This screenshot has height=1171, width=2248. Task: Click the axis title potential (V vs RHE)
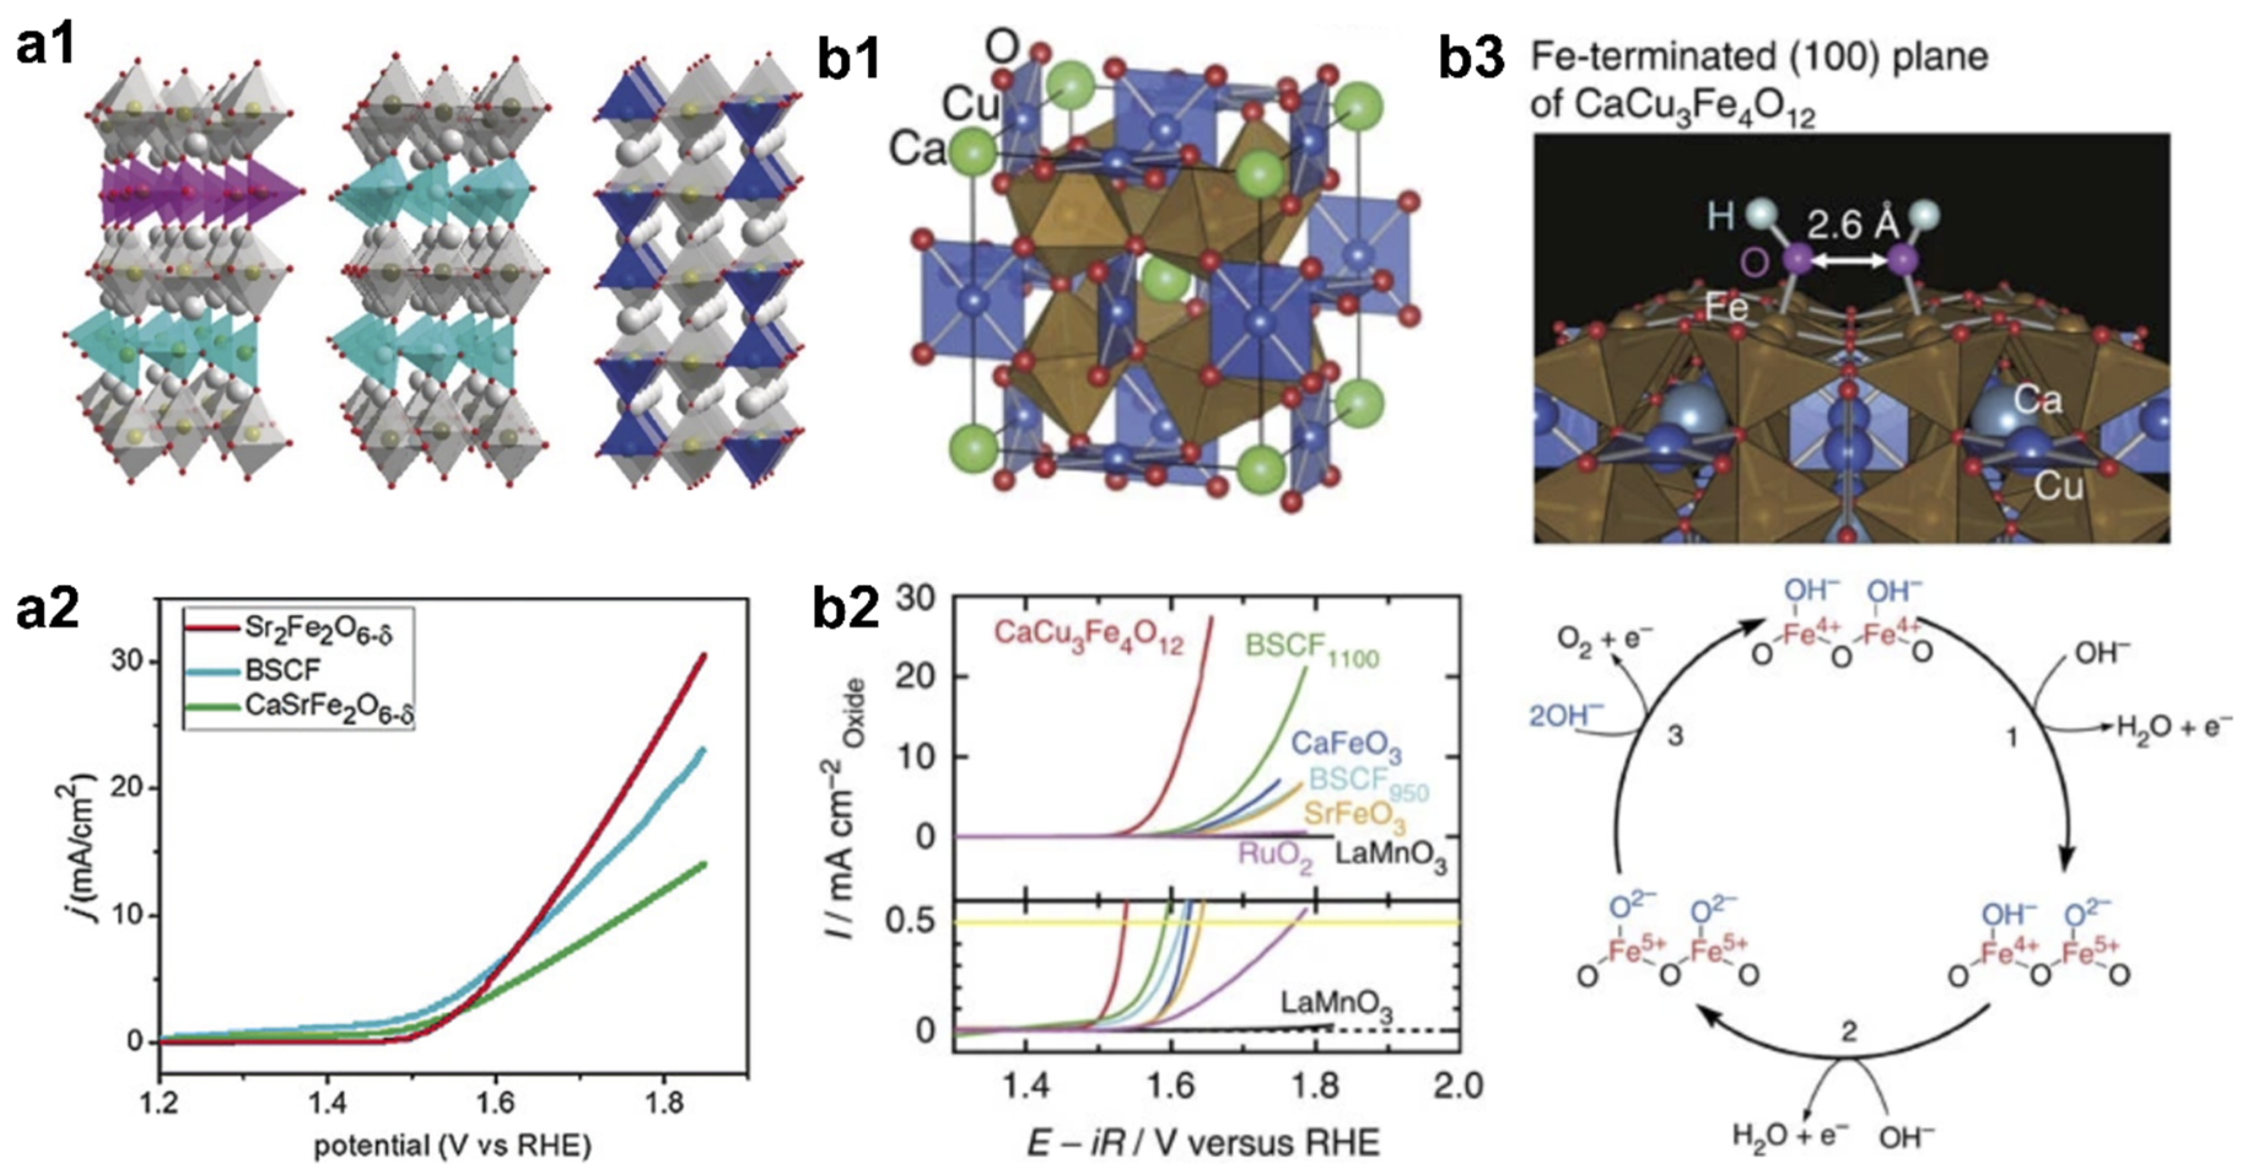pyautogui.click(x=452, y=1145)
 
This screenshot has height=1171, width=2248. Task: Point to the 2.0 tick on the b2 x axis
pyautogui.click(x=1459, y=1086)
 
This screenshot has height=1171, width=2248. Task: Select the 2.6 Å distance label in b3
pyautogui.click(x=1852, y=226)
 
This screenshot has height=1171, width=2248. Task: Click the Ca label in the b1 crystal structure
pyautogui.click(x=917, y=150)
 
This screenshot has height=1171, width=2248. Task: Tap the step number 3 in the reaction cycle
pyautogui.click(x=1675, y=736)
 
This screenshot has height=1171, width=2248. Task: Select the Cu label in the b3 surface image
pyautogui.click(x=2058, y=486)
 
